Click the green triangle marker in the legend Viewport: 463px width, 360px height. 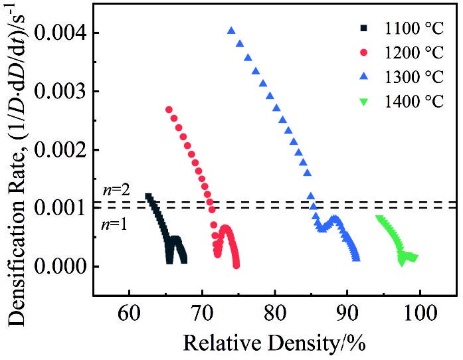(363, 102)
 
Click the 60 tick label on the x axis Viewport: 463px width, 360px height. (130, 312)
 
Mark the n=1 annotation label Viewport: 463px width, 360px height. (114, 224)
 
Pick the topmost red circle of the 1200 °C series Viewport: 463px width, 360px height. (169, 110)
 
